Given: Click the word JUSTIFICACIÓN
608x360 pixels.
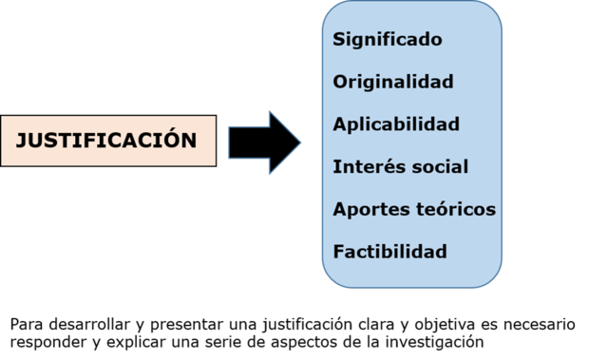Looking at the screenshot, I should point(106,142).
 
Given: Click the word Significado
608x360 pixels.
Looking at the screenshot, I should point(388,40).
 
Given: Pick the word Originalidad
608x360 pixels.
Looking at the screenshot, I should point(392,82).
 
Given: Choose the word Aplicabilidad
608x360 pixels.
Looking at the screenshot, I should point(396,124).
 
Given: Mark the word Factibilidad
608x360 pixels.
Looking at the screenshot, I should point(389,252).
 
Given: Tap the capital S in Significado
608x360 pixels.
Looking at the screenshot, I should point(339,40).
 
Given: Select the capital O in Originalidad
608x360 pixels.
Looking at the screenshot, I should point(340,82).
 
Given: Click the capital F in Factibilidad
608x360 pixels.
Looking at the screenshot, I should point(338,252).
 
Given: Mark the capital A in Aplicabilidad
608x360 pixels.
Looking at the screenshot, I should point(340,124).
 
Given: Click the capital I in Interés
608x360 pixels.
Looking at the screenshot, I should point(336,167).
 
